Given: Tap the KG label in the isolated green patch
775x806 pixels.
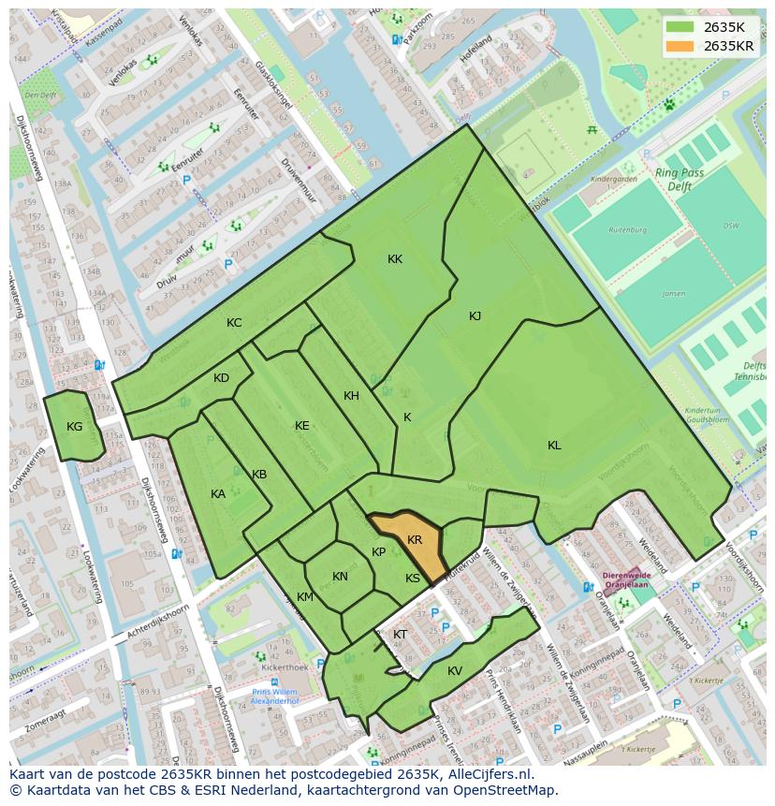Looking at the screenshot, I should pos(75,427).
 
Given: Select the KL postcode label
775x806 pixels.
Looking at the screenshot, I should pos(554,446).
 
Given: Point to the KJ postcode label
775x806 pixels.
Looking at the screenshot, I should pos(475,316).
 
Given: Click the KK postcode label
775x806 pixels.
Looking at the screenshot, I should pos(395,259).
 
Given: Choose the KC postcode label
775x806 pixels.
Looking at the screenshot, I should pos(234,323).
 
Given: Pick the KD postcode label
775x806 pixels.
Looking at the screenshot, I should pos(221,378).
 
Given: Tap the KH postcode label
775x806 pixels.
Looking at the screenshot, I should pos(351,396).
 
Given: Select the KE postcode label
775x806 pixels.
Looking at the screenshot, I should pos(301,426).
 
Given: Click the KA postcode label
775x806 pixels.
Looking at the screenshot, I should pos(218,494).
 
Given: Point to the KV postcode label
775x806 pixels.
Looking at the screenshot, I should pos(455,671).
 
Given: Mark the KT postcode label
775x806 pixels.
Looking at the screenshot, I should pos(400,635).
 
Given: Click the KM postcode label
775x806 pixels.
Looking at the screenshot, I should pos(305,597).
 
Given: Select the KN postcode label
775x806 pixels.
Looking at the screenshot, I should pos(340,577).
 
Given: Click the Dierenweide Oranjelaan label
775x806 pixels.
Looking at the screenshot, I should pos(626,581).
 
